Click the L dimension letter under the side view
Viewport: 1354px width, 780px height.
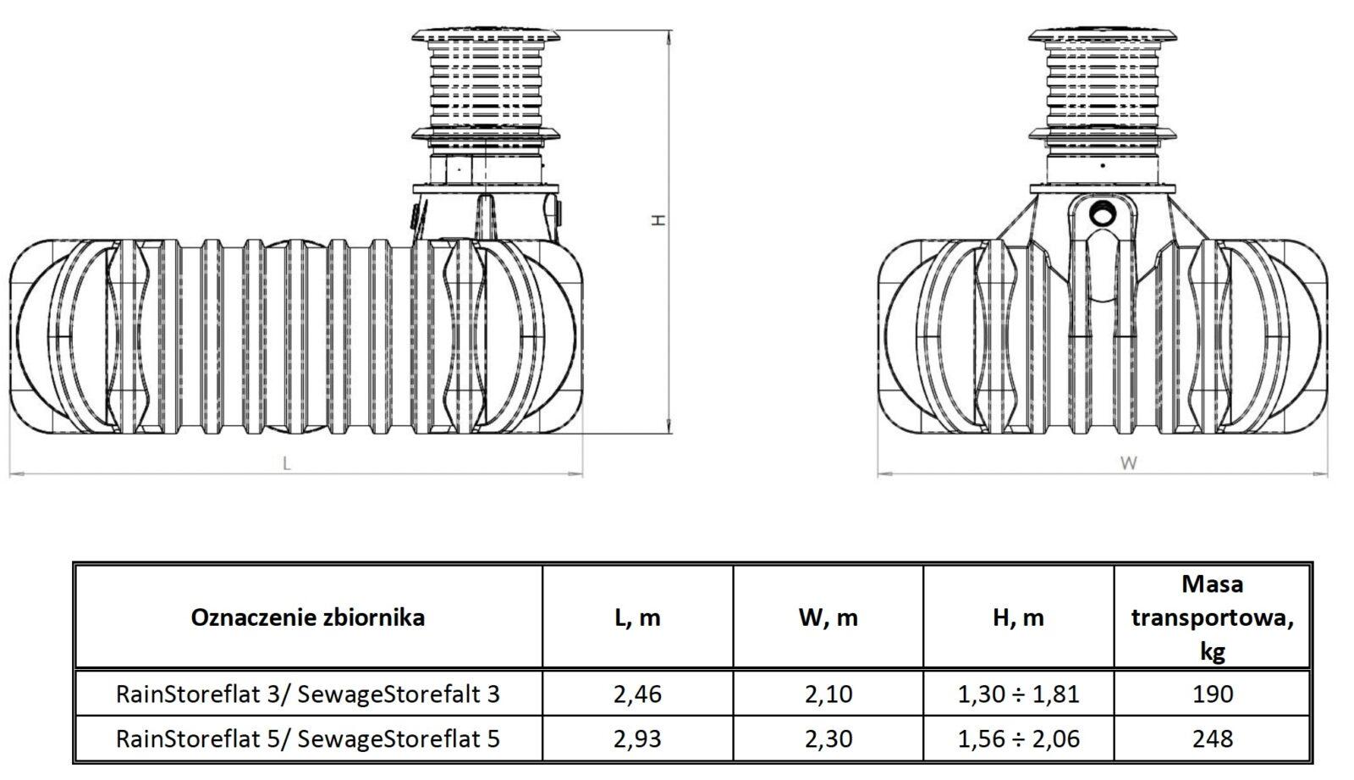point(287,463)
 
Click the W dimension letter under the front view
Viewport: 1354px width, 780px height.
point(1129,463)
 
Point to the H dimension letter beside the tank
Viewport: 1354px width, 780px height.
point(658,220)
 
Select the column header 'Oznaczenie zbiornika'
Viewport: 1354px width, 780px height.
point(308,618)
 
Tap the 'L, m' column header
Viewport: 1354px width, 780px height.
point(637,618)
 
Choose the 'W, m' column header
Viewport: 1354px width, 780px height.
point(828,618)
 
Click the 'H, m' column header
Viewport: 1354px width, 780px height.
point(1018,618)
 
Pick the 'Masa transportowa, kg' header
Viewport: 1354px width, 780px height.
point(1213,618)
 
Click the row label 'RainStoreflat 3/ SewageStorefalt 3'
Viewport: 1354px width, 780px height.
point(308,694)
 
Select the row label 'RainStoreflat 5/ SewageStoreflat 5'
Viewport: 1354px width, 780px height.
point(308,739)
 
